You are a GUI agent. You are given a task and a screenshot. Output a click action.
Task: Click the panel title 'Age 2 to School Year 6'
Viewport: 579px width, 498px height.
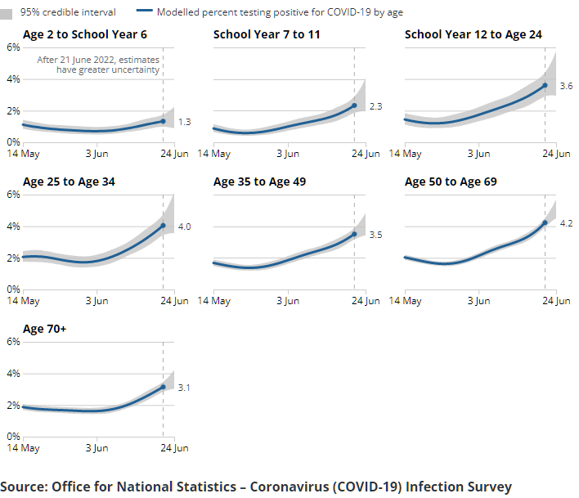point(85,34)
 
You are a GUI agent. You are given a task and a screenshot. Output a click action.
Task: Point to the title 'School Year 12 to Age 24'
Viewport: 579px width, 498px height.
point(474,34)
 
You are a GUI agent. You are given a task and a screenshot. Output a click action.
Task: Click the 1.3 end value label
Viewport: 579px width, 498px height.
point(184,122)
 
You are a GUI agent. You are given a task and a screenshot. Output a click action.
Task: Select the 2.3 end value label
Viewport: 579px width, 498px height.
point(375,106)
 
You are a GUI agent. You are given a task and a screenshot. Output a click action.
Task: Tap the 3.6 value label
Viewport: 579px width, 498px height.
point(566,86)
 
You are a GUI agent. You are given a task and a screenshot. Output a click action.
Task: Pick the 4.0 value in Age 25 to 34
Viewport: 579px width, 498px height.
point(184,226)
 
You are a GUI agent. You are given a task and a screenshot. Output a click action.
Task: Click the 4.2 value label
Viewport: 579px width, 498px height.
point(566,223)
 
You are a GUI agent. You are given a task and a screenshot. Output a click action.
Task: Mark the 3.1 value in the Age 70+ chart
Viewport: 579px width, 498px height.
point(184,388)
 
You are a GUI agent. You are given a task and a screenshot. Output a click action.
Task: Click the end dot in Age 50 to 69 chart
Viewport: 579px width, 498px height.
point(545,222)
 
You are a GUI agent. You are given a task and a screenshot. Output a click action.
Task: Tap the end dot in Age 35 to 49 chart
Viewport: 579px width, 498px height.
point(354,234)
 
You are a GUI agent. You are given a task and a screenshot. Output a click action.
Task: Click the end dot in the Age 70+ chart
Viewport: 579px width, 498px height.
point(163,387)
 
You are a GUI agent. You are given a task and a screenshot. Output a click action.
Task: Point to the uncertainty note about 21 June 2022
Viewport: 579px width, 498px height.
point(98,65)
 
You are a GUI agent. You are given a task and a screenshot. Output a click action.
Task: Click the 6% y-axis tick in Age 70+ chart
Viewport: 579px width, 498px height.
point(13,342)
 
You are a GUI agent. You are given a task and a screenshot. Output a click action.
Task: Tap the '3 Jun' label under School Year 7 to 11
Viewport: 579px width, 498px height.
point(287,154)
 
